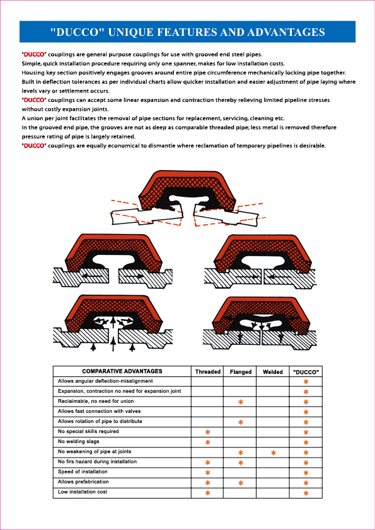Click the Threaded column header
point(208,372)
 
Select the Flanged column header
point(241,372)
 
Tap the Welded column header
point(273,372)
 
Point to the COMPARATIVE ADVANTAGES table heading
point(122,371)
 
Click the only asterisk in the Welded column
point(274,453)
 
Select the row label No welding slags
point(79,441)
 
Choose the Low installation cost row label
point(83,492)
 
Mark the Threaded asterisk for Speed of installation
point(208,473)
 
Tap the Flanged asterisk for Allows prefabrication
point(241,483)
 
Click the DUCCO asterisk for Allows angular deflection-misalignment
point(306,382)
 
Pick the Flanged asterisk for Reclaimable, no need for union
point(241,402)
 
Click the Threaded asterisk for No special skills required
point(208,432)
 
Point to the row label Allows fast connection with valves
point(99,412)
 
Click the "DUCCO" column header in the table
point(306,372)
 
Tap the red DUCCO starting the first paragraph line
point(33,54)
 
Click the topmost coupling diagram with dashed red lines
point(187,198)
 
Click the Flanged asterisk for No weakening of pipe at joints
point(241,453)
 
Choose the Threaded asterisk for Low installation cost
point(208,493)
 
